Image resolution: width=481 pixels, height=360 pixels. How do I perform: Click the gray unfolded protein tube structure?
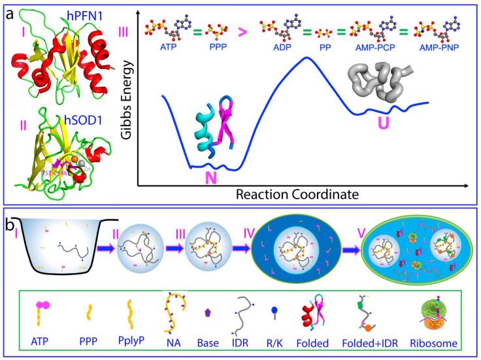pos(374,82)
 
